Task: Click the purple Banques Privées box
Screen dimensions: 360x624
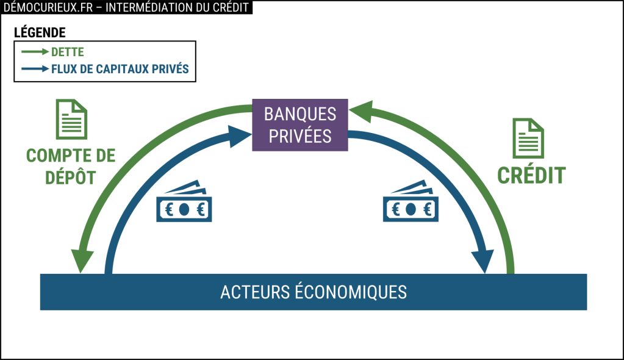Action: tap(300, 125)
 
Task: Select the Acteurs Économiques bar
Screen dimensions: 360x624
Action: tap(313, 292)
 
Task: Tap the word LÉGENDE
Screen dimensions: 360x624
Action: tap(39, 32)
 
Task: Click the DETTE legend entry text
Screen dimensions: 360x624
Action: tap(68, 52)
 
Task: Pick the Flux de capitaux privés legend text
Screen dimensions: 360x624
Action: tap(120, 70)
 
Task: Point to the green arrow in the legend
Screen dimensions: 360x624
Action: tap(35, 52)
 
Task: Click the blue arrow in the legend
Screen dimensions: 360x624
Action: tap(35, 70)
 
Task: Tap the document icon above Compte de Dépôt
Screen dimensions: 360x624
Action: tap(71, 120)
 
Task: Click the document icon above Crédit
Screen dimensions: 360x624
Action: tap(528, 139)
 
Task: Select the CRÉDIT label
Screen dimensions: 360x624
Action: tap(531, 176)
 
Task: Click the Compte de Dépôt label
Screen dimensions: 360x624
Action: tap(71, 166)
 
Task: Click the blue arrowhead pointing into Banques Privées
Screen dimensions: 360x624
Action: tap(239, 136)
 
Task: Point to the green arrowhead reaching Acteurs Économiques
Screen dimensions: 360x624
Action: tap(82, 261)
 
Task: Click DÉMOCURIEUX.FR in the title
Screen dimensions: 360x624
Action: tap(46, 7)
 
